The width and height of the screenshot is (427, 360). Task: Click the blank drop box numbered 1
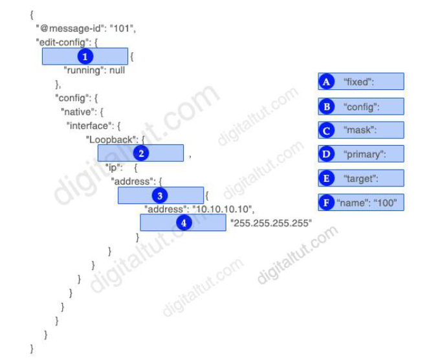point(85,56)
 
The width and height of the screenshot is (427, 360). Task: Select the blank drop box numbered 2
point(140,153)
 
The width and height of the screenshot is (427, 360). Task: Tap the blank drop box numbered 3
point(160,195)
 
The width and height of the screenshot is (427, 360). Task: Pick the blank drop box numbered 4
point(183,223)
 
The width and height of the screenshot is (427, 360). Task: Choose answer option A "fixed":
point(361,82)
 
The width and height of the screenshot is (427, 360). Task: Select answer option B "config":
point(361,106)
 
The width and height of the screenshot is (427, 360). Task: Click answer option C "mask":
point(361,130)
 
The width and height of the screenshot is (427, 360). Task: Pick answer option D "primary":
point(361,154)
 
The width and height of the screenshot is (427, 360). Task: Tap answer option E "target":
point(361,178)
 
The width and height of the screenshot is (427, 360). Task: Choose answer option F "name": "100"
point(361,203)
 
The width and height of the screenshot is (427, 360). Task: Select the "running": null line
point(94,70)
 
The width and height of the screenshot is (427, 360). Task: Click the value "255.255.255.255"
point(271,223)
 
